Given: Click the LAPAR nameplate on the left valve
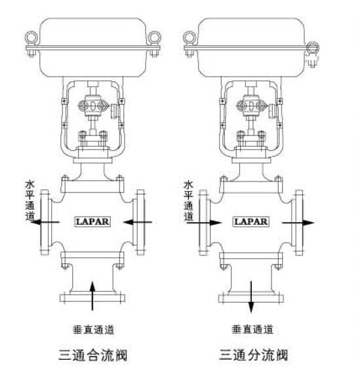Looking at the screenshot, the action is coord(93,221).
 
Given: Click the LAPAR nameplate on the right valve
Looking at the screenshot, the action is coord(251,221).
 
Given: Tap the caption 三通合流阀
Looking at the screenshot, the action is coord(93,355).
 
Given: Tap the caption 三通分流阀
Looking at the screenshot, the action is coord(253,355).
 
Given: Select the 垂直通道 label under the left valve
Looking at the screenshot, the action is coord(93,329).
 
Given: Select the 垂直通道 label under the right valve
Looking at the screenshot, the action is coord(252,329).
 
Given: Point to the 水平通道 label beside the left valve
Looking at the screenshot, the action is coord(30,200).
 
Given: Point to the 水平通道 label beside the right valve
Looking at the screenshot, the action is coord(188,200).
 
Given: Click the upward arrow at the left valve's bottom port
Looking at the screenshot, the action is coord(92,296).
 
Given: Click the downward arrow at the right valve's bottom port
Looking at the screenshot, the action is coord(251,297).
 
